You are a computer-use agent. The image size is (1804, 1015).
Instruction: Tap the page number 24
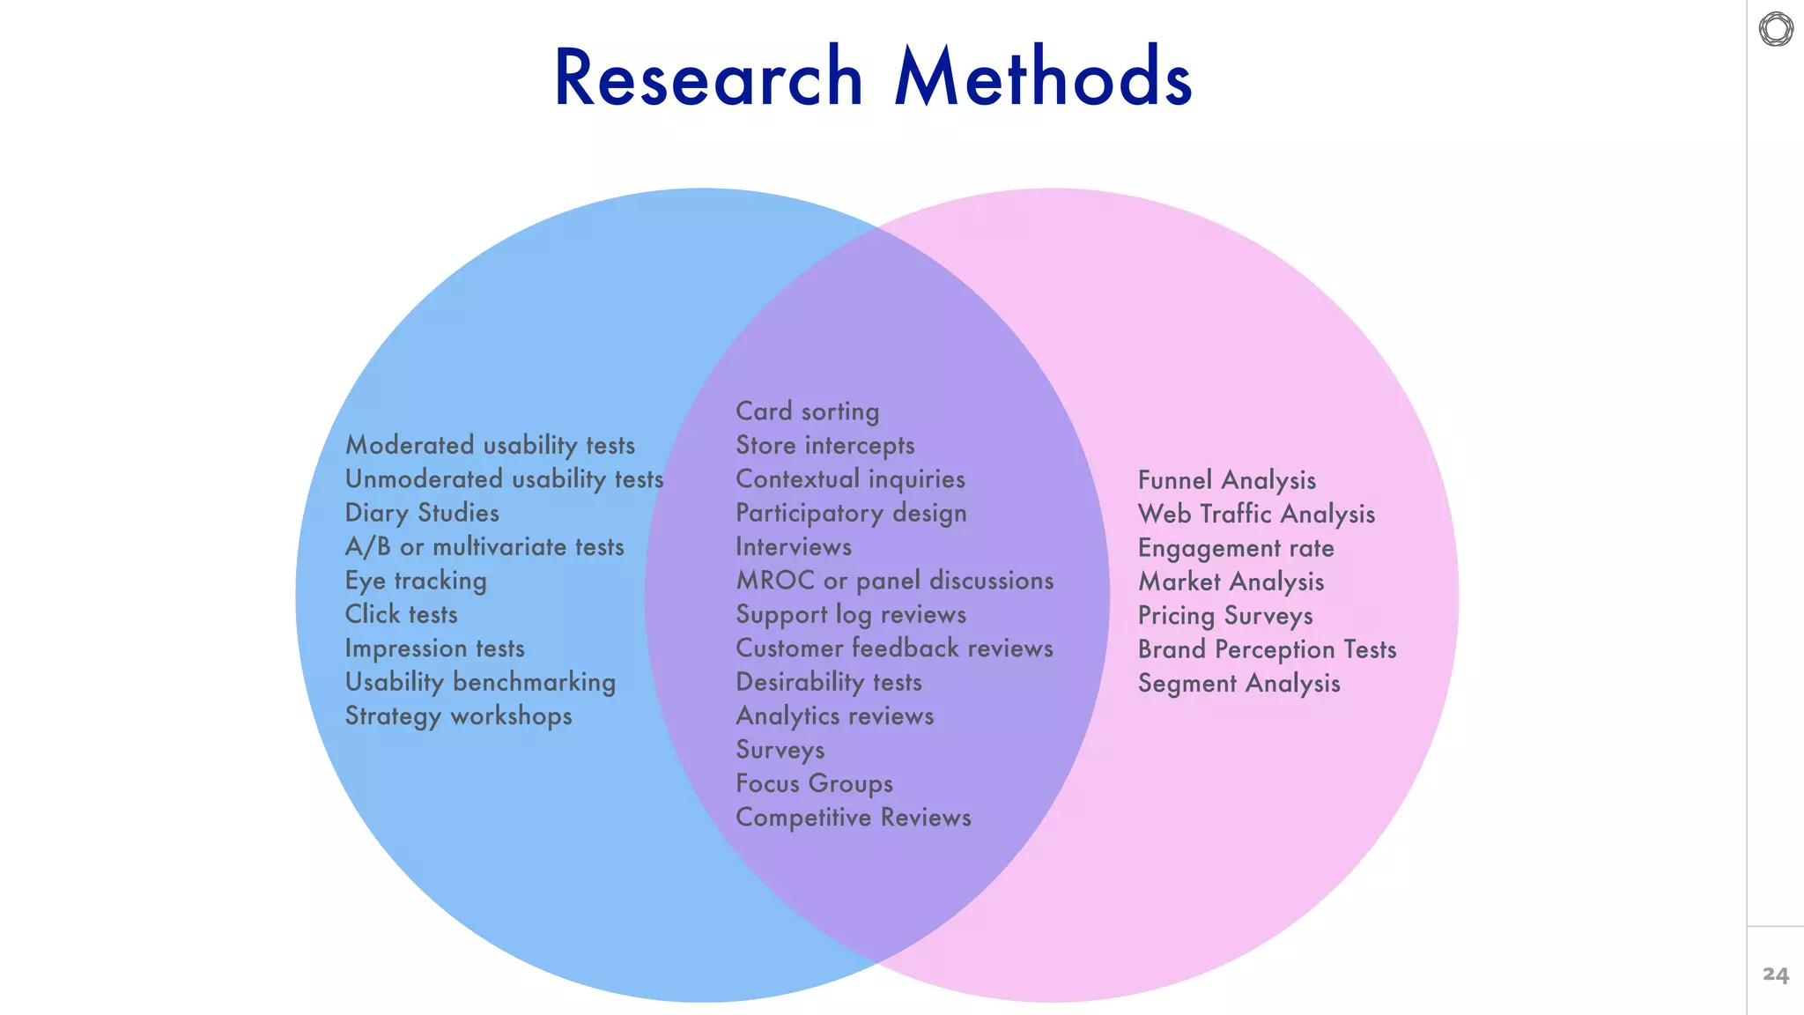click(1775, 974)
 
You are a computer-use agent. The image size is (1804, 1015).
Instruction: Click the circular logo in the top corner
click(1776, 29)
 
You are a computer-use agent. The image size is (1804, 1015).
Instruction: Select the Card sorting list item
click(807, 411)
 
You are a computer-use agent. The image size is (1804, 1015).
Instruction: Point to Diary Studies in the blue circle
click(422, 513)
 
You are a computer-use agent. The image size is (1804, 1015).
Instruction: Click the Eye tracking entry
click(416, 581)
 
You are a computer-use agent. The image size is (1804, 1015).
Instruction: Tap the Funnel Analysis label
click(1226, 480)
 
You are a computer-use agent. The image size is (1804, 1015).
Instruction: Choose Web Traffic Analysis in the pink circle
click(1256, 514)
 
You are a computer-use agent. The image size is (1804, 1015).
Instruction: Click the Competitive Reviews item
click(853, 818)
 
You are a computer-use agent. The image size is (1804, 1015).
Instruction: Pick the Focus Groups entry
click(814, 783)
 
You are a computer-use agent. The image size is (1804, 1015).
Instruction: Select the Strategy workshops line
click(458, 715)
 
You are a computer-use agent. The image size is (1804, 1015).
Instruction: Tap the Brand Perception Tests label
click(1267, 649)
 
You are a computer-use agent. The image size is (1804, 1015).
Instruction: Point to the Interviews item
click(793, 547)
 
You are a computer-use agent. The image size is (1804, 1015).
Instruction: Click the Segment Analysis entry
click(1238, 684)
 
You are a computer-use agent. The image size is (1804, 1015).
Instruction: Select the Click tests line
click(401, 614)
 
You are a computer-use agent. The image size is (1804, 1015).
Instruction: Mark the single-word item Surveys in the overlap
click(780, 750)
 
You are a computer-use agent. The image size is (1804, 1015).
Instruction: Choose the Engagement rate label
click(1235, 548)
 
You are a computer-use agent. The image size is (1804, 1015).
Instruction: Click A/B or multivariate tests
click(484, 547)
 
